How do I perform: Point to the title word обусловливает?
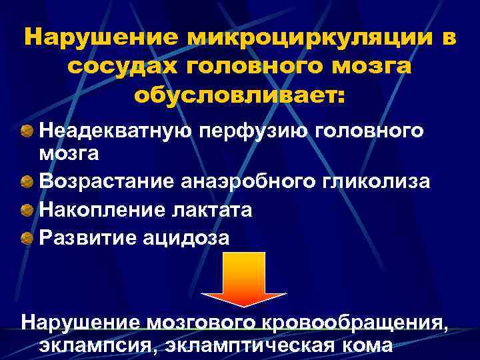(x=240, y=95)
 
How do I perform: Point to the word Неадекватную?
(x=115, y=130)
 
